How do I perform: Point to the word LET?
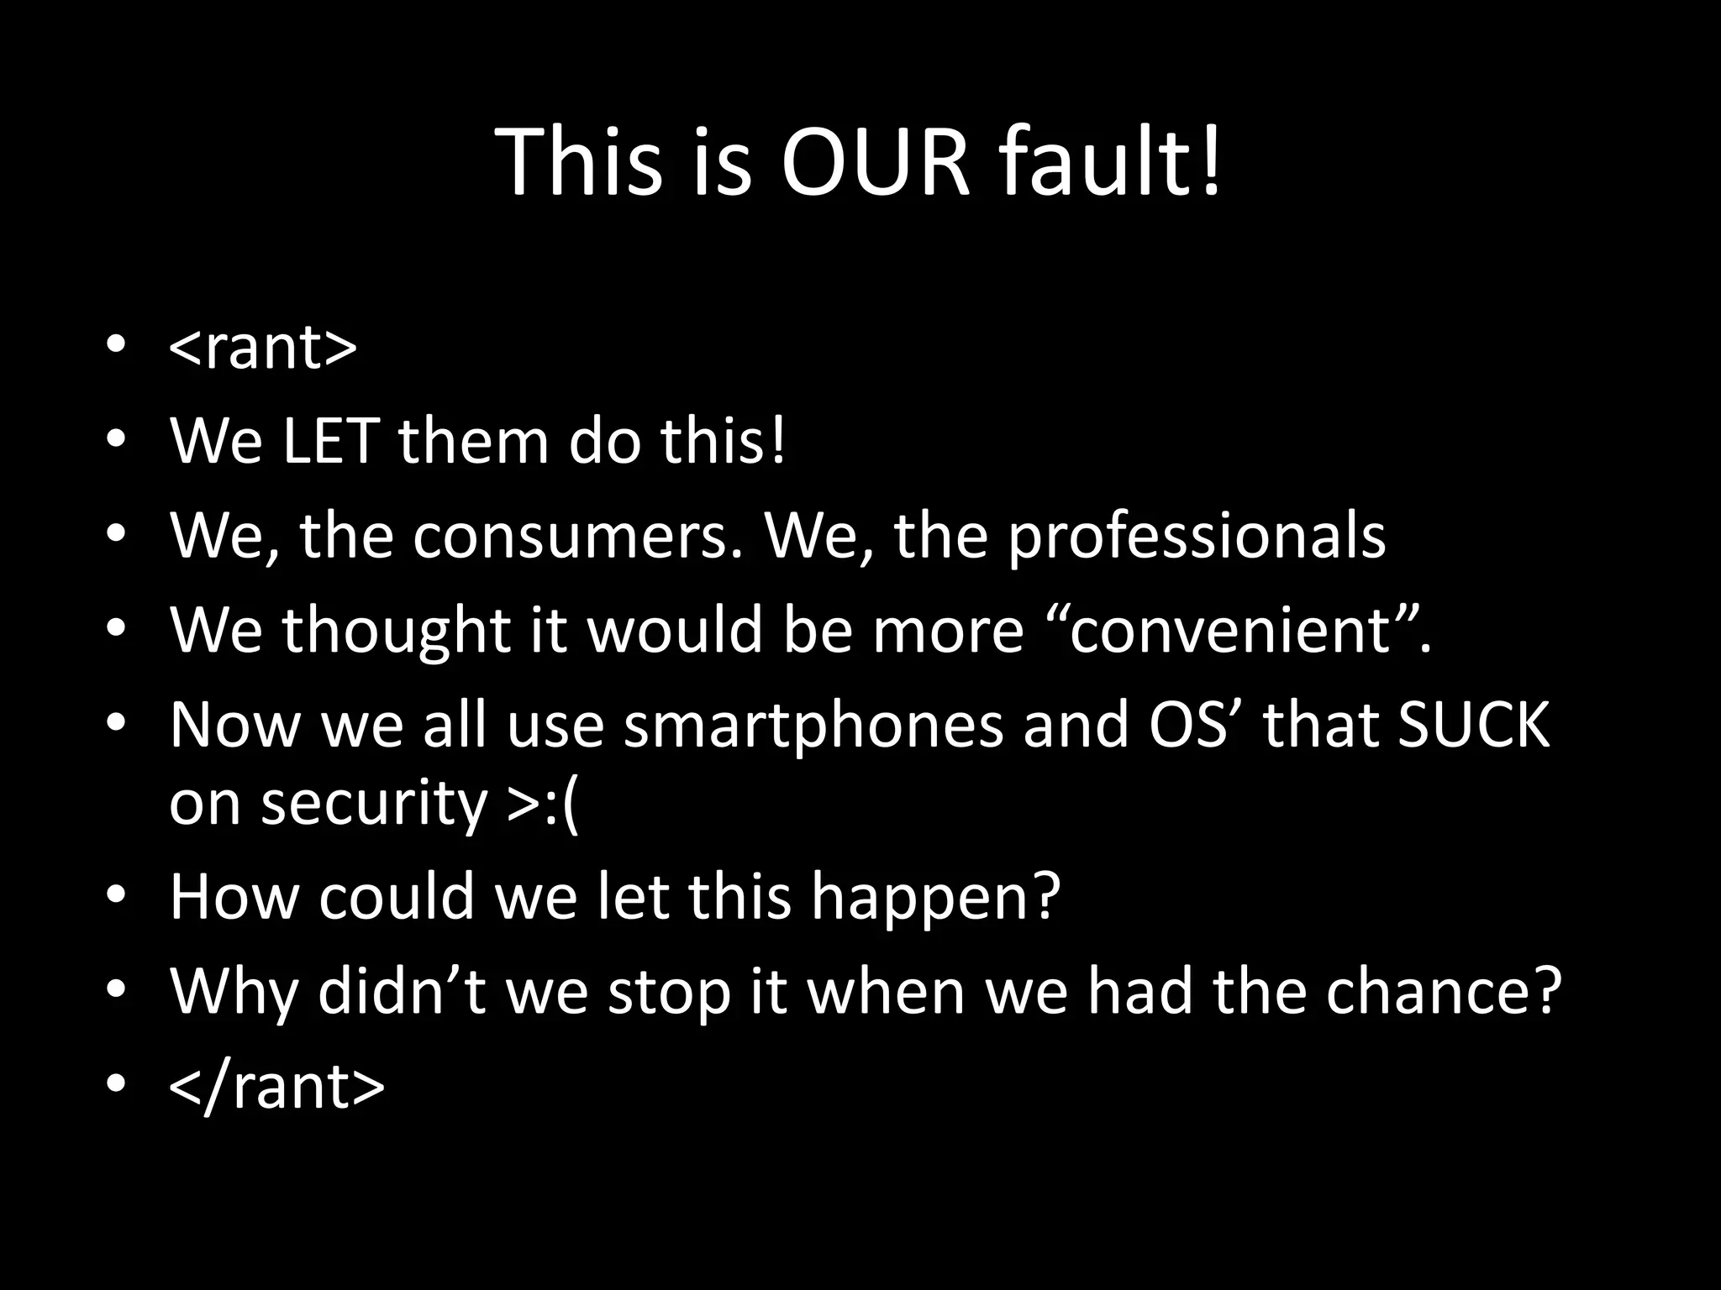tap(330, 441)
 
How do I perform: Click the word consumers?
tap(579, 536)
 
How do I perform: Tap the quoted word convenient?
tap(1226, 630)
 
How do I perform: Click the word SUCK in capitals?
tap(1473, 724)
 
